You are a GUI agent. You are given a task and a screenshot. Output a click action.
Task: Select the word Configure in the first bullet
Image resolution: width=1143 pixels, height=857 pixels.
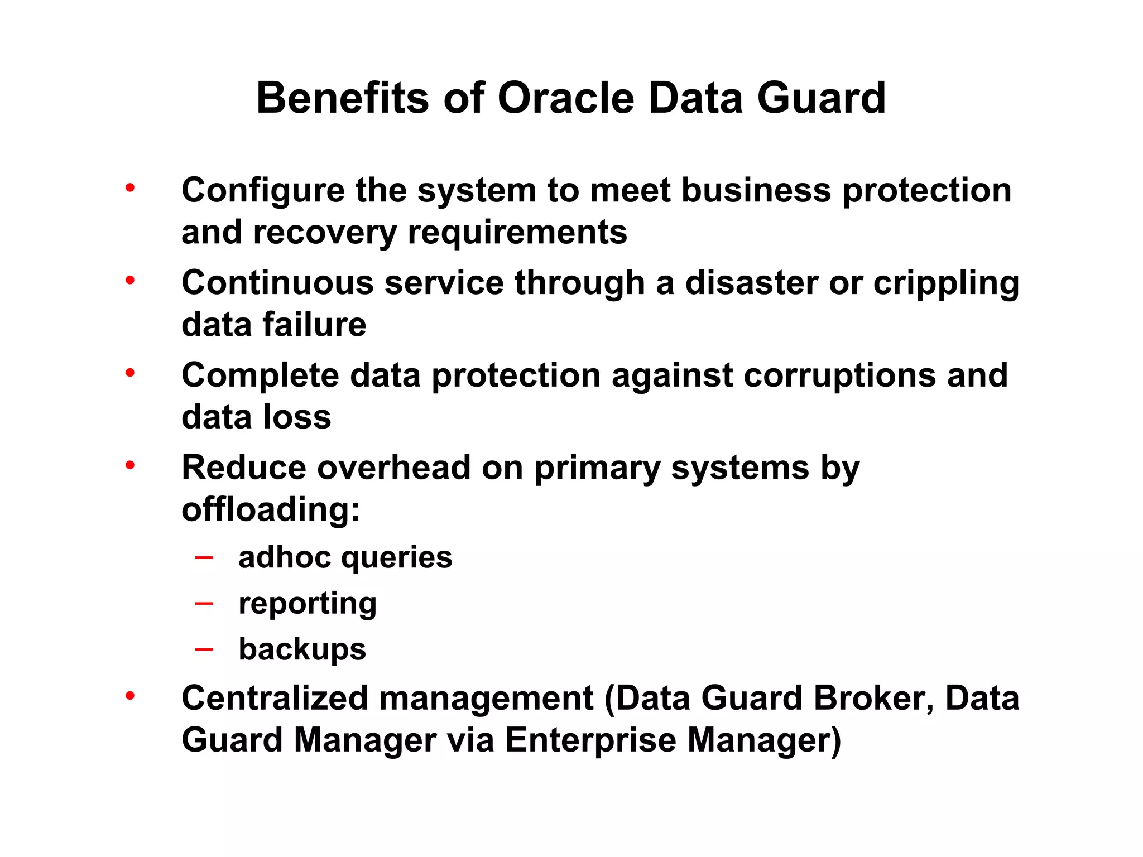pyautogui.click(x=263, y=191)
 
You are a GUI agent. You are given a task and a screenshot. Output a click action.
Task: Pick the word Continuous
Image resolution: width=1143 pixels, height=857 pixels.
pyautogui.click(x=277, y=282)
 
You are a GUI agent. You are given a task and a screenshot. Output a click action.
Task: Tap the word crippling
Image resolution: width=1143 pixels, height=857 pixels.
pyautogui.click(x=946, y=283)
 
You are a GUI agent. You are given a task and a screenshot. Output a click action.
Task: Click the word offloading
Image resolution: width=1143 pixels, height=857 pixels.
pyautogui.click(x=271, y=509)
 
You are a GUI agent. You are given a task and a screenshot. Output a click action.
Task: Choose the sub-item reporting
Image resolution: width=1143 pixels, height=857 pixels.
pyautogui.click(x=308, y=604)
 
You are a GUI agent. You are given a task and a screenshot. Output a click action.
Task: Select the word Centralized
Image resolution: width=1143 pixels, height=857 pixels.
pyautogui.click(x=275, y=698)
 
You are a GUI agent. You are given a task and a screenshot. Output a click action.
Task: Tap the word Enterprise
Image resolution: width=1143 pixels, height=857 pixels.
pyautogui.click(x=590, y=740)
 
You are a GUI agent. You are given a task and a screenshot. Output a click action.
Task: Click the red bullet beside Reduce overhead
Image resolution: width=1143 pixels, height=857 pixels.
pyautogui.click(x=130, y=465)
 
